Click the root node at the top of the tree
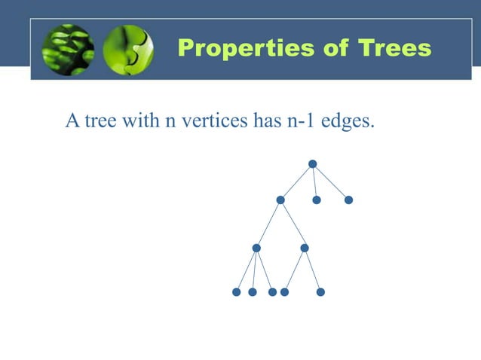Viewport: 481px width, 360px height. click(312, 164)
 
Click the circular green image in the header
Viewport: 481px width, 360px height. click(127, 50)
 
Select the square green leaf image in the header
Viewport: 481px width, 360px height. click(68, 50)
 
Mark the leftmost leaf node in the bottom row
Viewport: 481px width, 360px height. click(236, 292)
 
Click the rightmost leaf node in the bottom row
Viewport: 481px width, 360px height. click(320, 292)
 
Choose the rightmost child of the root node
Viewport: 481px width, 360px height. click(348, 200)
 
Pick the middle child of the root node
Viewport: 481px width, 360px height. click(317, 200)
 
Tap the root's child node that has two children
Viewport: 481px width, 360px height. click(280, 200)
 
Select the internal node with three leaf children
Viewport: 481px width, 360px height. click(256, 248)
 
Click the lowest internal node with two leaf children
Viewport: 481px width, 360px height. click(305, 248)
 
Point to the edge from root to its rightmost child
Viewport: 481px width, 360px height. click(330, 182)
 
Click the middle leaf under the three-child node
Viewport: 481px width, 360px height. click(253, 292)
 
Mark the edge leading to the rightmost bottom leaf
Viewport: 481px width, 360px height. click(312, 270)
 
